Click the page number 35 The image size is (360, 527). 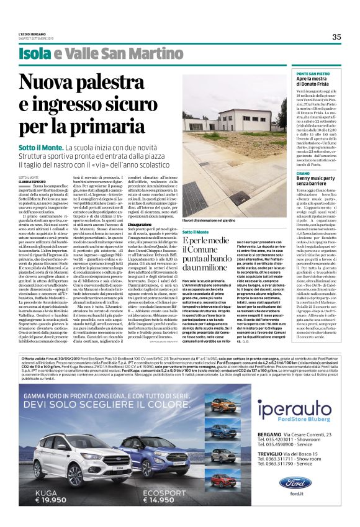tap(336, 37)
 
